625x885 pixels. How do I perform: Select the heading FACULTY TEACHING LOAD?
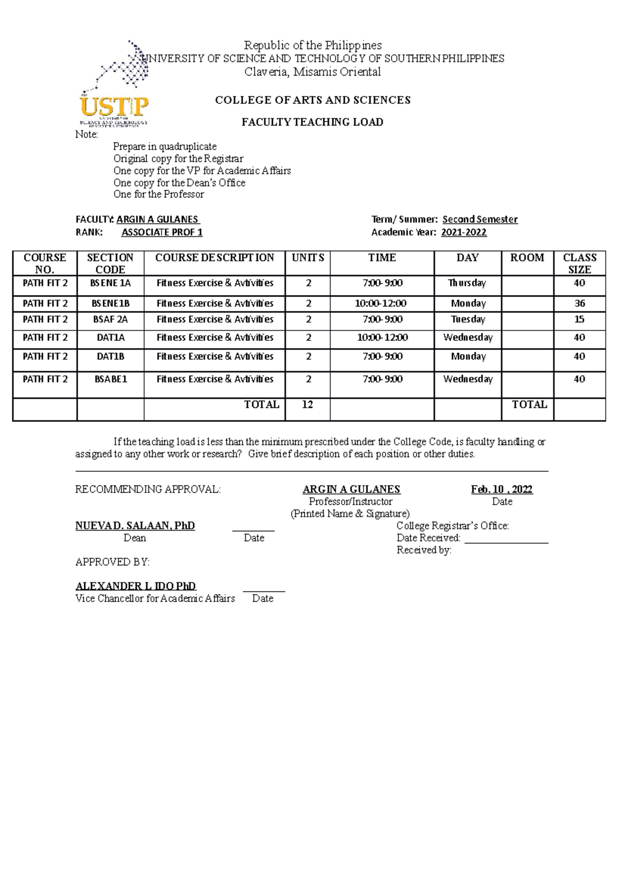[x=312, y=122]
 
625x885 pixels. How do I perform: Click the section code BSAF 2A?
[x=110, y=319]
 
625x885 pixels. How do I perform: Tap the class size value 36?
[x=579, y=303]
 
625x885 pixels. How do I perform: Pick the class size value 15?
[x=579, y=319]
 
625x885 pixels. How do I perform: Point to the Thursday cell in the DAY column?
[x=467, y=283]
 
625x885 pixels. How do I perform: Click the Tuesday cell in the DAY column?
[x=467, y=319]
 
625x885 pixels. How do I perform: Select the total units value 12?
[x=307, y=405]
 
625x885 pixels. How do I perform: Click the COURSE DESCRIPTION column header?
[x=215, y=258]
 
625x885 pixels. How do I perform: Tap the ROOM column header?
[x=527, y=258]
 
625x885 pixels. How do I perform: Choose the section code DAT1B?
[x=110, y=357]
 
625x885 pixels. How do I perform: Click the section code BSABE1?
[x=110, y=379]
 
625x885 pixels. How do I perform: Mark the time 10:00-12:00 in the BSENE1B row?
[x=382, y=303]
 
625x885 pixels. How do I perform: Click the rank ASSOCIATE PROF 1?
[x=162, y=232]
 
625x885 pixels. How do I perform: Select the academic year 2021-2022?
[x=464, y=232]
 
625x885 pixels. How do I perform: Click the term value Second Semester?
[x=480, y=219]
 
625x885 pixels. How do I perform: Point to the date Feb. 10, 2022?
[x=502, y=489]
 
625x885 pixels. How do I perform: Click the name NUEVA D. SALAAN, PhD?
[x=135, y=526]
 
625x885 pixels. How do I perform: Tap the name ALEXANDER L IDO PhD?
[x=135, y=586]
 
